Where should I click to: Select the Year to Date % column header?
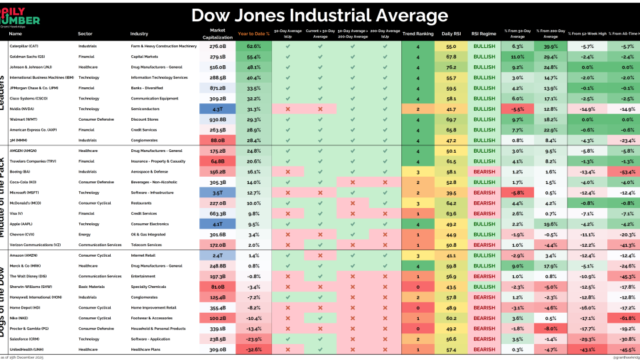254,33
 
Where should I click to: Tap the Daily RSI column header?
450,33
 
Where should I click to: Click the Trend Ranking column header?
418,33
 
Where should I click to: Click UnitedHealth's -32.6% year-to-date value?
254,349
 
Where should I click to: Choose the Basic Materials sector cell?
93,287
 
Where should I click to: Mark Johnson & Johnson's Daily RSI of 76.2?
450,67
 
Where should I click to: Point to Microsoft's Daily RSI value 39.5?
450,193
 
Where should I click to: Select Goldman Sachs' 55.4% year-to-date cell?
254,57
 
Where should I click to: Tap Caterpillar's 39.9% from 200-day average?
551,47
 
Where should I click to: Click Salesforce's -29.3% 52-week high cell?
587,339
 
